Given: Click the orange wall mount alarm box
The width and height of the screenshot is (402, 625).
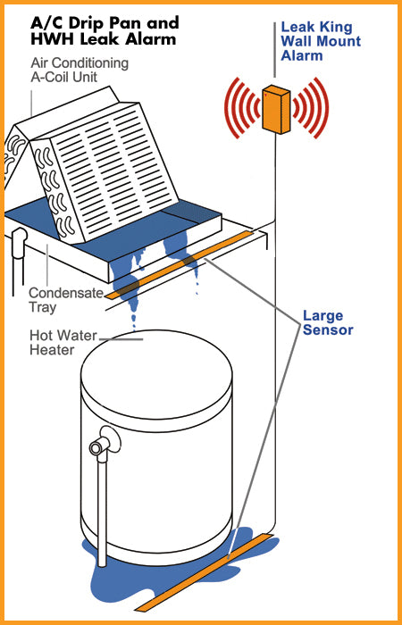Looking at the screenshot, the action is coord(276,109).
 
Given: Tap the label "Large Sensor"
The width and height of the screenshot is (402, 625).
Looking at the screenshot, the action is coord(328,323).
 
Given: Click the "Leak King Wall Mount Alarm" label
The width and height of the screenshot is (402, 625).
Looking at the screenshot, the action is coord(321,41).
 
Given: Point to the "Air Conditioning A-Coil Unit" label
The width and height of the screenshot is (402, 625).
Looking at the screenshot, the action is coord(80,70).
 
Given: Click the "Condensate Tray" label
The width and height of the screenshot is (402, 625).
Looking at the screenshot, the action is coord(66,300).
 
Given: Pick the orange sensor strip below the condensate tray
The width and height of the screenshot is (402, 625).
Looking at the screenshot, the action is coord(179,264).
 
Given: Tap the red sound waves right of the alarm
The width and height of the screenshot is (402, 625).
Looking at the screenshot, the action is coord(310,108).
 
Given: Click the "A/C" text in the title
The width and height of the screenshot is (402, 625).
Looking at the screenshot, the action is coord(44,23).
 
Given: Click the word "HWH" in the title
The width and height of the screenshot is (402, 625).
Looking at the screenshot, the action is coord(48,39).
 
